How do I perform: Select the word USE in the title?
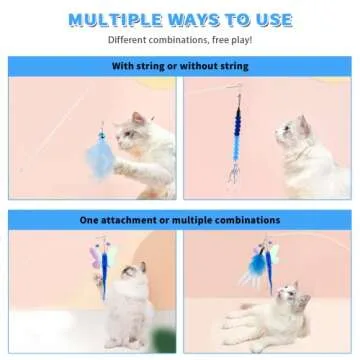click(270, 20)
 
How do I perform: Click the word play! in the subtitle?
click(238, 41)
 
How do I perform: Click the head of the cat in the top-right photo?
click(296, 128)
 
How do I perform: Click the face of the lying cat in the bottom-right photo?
click(289, 297)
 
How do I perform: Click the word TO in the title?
click(238, 20)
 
